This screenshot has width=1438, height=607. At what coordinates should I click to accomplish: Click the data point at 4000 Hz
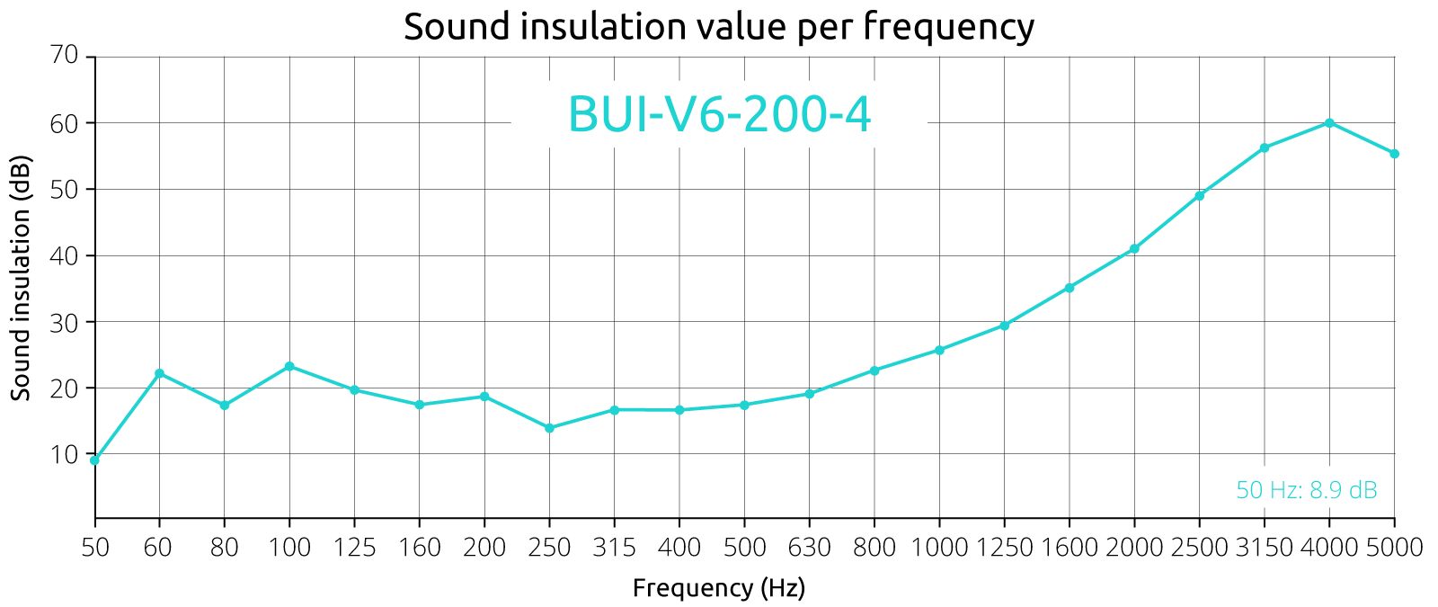click(1329, 123)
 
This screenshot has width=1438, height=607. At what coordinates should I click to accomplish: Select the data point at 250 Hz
click(549, 428)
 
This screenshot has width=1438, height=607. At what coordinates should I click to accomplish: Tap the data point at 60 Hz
click(159, 373)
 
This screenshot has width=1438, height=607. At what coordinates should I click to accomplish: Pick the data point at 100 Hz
click(289, 366)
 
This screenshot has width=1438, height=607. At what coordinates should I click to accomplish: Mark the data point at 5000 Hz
click(1394, 154)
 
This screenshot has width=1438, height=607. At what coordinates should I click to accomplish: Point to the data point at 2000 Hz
click(1134, 248)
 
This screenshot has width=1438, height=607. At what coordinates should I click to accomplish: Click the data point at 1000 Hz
click(939, 350)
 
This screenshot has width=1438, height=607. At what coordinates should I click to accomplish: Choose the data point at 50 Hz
click(95, 460)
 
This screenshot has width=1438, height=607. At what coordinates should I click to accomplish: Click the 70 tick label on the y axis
click(66, 56)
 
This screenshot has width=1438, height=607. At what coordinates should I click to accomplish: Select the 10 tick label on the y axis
click(66, 454)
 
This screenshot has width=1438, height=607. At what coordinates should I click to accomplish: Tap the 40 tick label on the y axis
click(66, 255)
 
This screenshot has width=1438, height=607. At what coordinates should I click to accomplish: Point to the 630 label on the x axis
click(809, 547)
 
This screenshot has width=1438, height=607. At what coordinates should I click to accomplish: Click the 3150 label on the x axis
click(1264, 547)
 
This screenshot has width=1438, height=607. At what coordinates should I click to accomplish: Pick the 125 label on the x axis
click(354, 547)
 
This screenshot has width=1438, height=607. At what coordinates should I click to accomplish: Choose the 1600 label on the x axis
click(1069, 547)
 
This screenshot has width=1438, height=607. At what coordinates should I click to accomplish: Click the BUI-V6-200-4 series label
click(720, 116)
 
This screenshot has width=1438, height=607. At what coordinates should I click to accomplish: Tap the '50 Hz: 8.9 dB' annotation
click(1307, 491)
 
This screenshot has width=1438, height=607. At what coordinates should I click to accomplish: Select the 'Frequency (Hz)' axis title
click(719, 588)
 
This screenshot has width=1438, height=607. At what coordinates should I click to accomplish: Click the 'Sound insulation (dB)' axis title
click(22, 279)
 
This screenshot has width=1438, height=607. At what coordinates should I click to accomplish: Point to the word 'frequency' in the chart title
click(948, 28)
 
